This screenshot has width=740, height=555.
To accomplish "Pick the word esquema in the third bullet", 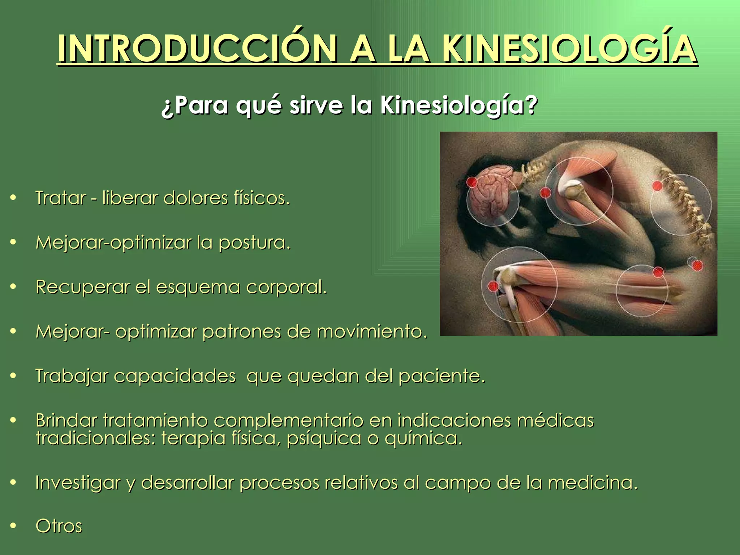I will point(198,288).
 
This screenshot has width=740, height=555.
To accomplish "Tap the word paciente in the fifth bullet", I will point(441,376).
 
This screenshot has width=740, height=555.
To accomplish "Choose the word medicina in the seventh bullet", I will point(593,483).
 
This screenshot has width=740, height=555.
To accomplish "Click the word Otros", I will point(59,526).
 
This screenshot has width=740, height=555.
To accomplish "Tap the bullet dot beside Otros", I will point(13,526).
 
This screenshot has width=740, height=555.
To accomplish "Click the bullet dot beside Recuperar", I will point(13,287).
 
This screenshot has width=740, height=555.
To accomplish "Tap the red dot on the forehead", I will point(472,182).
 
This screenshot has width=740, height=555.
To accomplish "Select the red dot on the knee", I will point(493,286).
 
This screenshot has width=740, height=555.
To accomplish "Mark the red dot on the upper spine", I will point(657,186).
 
